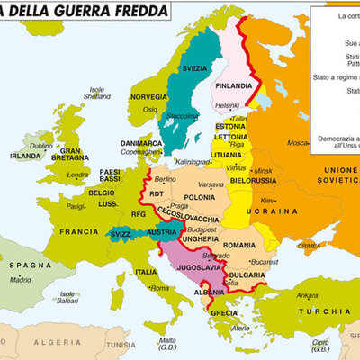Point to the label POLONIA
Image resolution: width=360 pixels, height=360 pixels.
[x=199, y=197]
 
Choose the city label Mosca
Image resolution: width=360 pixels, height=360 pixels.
[x=296, y=143]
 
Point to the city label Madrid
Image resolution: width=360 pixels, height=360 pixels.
[x=21, y=280]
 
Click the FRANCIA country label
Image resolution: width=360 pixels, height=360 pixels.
[x=78, y=231]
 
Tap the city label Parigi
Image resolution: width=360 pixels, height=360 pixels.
[x=76, y=206]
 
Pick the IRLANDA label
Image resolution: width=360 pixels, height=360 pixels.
[x=24, y=155]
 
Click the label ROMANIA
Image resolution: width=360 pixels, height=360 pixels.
[x=240, y=245]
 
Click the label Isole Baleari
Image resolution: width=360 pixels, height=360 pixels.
[x=67, y=297]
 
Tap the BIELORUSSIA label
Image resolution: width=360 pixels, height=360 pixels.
[x=252, y=180]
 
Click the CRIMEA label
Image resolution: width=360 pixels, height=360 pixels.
[x=308, y=245]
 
